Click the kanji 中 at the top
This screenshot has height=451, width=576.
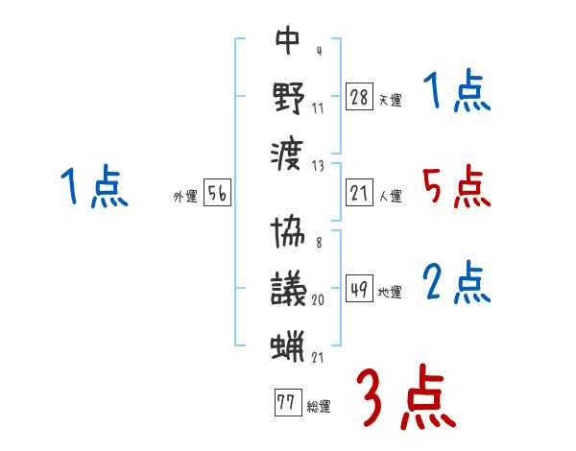coord(288,41)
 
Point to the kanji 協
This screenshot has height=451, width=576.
coord(288,234)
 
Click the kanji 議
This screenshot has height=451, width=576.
coord(288,287)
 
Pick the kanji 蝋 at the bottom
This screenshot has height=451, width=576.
coord(288,344)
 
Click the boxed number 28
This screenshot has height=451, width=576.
coord(359,95)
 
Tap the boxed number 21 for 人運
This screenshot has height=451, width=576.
coord(359,193)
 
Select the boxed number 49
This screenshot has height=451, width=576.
coord(359,288)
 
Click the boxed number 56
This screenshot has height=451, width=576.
coord(217,193)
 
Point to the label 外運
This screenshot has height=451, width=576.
coord(185,197)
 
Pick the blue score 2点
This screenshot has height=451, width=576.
coord(457,284)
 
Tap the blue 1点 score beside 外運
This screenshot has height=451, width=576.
coord(93,187)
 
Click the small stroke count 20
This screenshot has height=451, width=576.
coord(318,299)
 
